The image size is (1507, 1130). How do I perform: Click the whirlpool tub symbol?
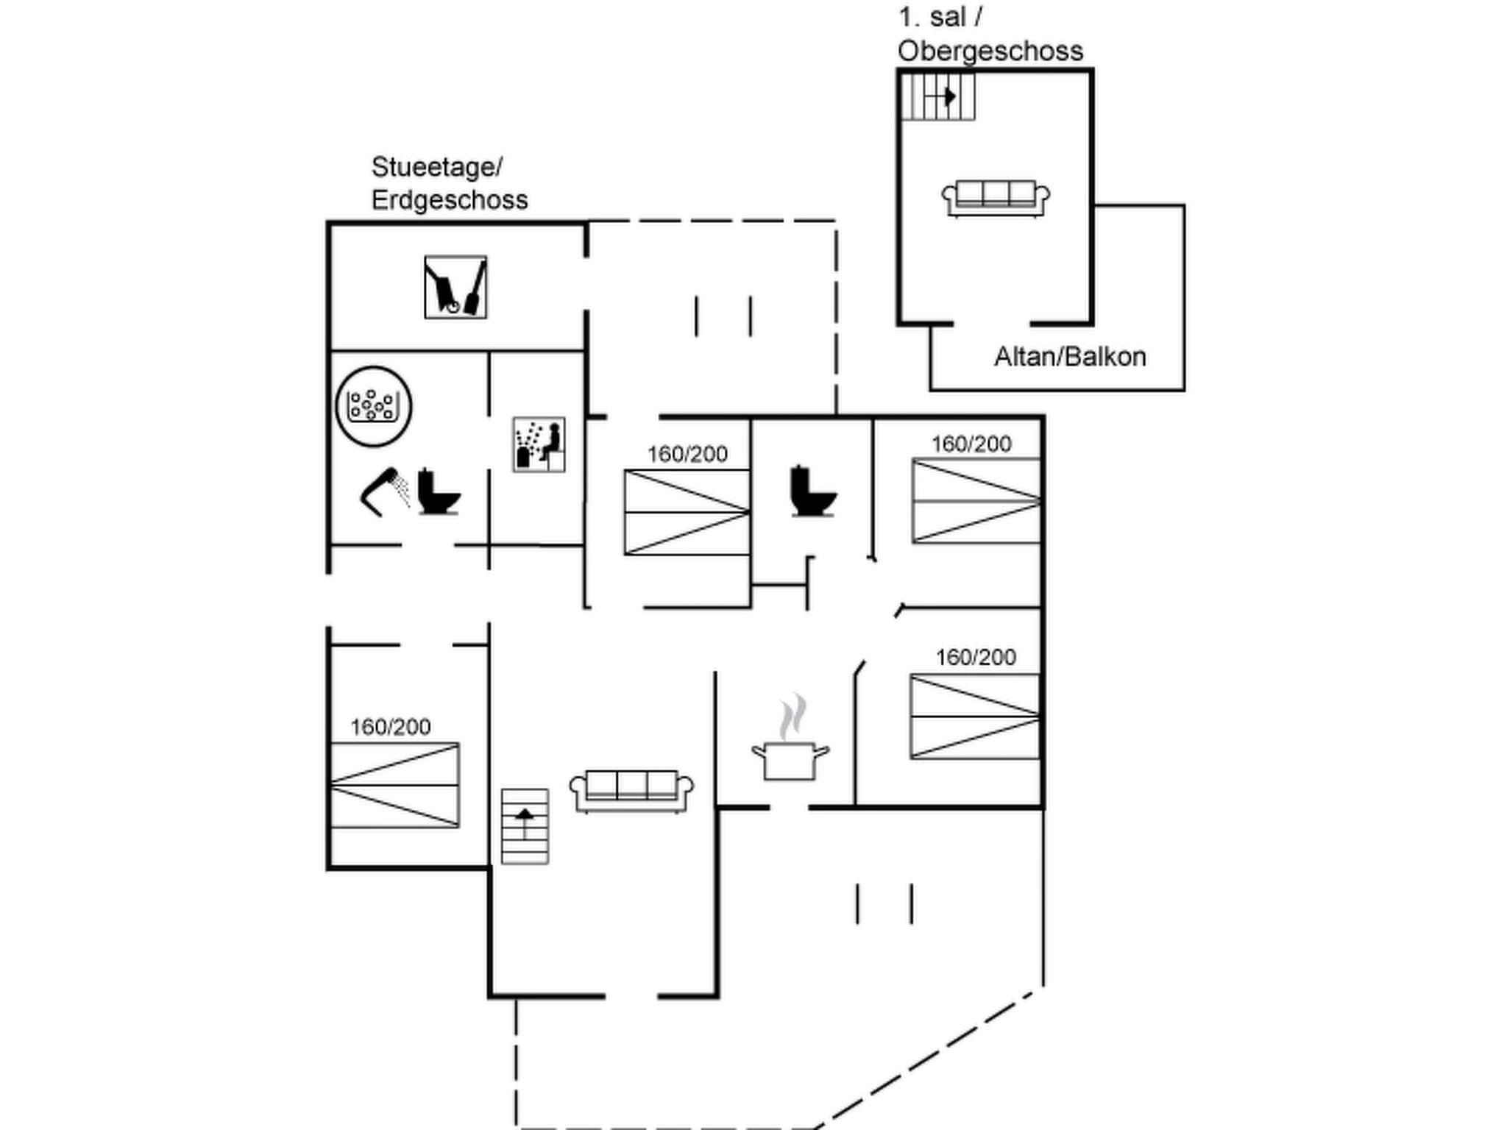373,406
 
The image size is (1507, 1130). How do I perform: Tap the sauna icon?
539,444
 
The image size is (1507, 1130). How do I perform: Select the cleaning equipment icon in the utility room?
455,287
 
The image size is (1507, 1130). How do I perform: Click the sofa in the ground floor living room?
631,791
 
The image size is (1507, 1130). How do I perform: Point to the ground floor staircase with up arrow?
525,826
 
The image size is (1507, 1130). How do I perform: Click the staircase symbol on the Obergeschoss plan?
938,96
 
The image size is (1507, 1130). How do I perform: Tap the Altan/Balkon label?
1070,357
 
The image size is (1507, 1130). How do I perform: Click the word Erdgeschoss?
450,200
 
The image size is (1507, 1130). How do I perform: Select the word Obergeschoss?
990,51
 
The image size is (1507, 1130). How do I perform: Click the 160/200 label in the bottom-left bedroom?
390,727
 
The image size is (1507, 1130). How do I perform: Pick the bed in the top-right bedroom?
976,501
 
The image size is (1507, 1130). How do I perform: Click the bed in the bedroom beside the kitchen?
974,716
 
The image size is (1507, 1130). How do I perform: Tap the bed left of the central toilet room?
687,512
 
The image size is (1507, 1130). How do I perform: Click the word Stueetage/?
436,167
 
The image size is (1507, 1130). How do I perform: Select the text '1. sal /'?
940,17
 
